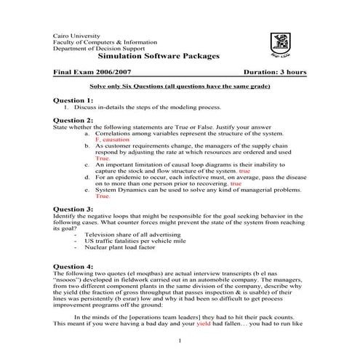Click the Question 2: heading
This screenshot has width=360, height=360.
coord(73,120)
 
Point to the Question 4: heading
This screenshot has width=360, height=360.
coord(73,266)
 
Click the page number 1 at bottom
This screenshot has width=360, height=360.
coord(179,340)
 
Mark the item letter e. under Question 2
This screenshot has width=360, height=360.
coord(87,191)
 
